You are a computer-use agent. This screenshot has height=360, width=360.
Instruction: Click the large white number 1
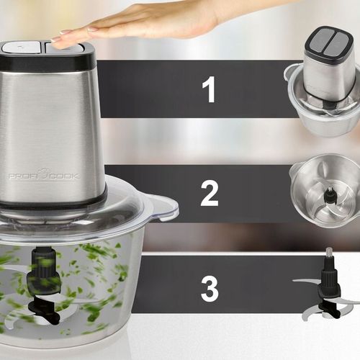point(209,89)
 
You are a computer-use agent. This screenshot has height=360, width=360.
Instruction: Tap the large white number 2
point(210,194)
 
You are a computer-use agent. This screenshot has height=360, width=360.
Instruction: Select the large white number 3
point(210,289)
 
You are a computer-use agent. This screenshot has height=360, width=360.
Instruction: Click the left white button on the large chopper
point(21,47)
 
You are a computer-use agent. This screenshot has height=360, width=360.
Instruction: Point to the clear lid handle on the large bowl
point(164,207)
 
